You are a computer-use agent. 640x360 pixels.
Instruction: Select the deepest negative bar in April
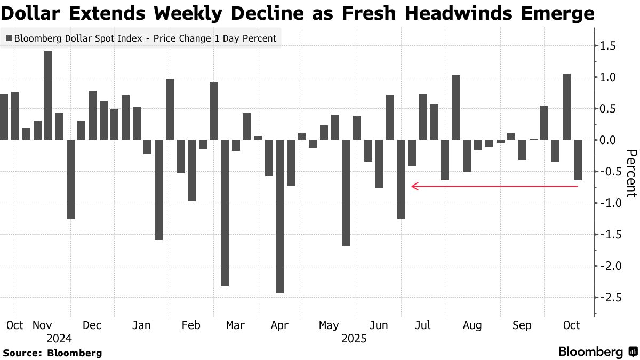[279, 216]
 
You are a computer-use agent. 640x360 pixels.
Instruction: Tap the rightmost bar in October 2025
[578, 160]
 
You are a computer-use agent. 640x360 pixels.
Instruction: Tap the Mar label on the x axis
[235, 325]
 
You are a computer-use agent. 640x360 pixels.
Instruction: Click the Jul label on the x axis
[423, 325]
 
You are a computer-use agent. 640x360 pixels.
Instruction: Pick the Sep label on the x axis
[522, 325]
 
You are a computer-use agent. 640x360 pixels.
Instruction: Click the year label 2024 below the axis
[59, 338]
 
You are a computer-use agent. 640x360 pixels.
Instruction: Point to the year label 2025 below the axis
[354, 338]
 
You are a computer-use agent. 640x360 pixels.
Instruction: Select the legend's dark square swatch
[9, 38]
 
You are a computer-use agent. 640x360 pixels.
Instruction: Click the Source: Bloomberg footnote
[52, 353]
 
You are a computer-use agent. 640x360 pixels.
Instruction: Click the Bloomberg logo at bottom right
[597, 352]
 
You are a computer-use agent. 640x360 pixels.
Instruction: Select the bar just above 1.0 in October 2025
[566, 107]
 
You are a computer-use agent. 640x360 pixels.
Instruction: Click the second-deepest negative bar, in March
[225, 213]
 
